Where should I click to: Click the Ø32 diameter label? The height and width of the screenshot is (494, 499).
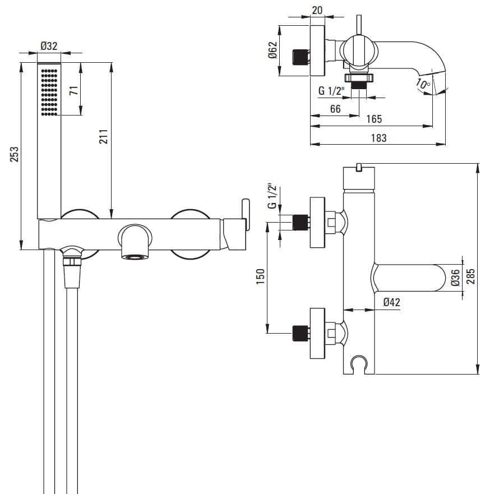pos(49,47)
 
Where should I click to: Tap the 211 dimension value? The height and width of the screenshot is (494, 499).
pos(103,137)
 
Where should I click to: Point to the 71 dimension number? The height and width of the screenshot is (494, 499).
pos(73,91)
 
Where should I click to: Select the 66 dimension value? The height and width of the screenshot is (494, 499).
pos(335,109)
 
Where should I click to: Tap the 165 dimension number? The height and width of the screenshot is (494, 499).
pos(374,119)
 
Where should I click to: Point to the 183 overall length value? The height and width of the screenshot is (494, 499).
pos(378,138)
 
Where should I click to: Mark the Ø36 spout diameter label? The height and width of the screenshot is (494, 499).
pos(455,278)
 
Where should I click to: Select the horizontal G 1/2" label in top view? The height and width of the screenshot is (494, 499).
pos(331,91)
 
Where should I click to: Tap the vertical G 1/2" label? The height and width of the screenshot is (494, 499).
pos(271,196)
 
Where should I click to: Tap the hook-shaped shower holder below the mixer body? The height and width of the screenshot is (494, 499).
pos(357,364)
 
